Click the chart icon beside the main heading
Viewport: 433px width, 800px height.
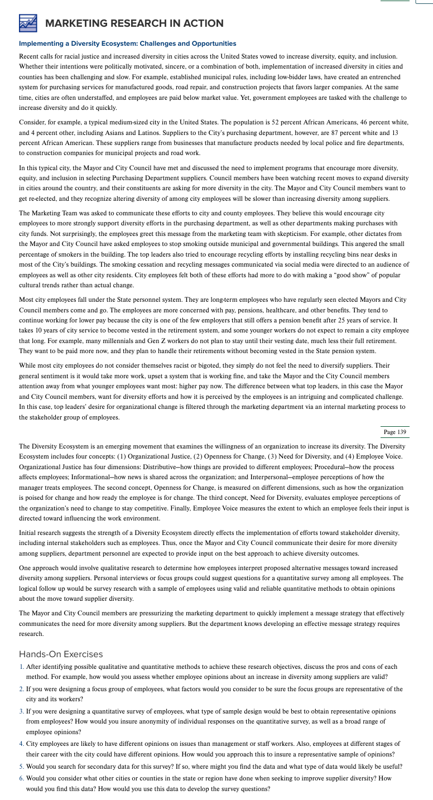tap(27, 23)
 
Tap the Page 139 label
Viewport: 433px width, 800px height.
tap(395, 433)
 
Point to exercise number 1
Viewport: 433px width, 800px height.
tap(21, 667)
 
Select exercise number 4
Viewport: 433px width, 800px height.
tap(21, 744)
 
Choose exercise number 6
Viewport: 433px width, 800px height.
tap(21, 778)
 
